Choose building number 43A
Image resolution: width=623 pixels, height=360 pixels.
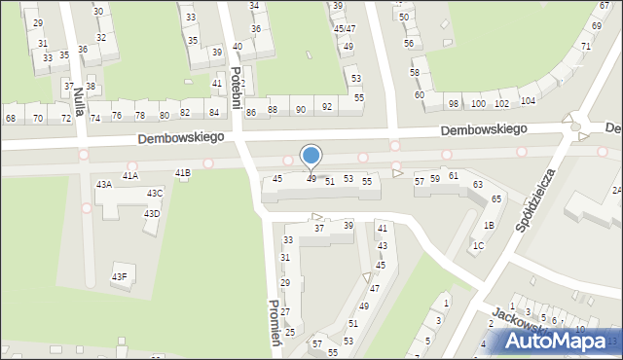pyautogui.click(x=103, y=184)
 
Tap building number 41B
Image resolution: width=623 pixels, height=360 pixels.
pyautogui.click(x=183, y=173)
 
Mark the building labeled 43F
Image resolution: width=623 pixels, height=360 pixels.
pyautogui.click(x=119, y=277)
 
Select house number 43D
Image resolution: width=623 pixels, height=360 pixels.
pyautogui.click(x=152, y=214)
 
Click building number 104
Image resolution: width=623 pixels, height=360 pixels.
pyautogui.click(x=528, y=101)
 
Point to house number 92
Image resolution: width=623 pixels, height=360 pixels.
pyautogui.click(x=327, y=107)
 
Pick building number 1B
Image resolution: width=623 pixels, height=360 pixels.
pyautogui.click(x=489, y=226)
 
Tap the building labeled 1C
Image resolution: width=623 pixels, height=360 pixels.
pyautogui.click(x=478, y=246)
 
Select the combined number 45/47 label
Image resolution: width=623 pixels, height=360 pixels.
pyautogui.click(x=345, y=29)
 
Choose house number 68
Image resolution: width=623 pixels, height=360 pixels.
pyautogui.click(x=11, y=119)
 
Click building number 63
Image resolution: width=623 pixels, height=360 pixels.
pyautogui.click(x=478, y=184)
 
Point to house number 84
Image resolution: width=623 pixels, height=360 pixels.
pyautogui.click(x=214, y=113)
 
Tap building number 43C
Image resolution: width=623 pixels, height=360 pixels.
pyautogui.click(x=155, y=194)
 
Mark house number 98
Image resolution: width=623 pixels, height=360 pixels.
pyautogui.click(x=454, y=104)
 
